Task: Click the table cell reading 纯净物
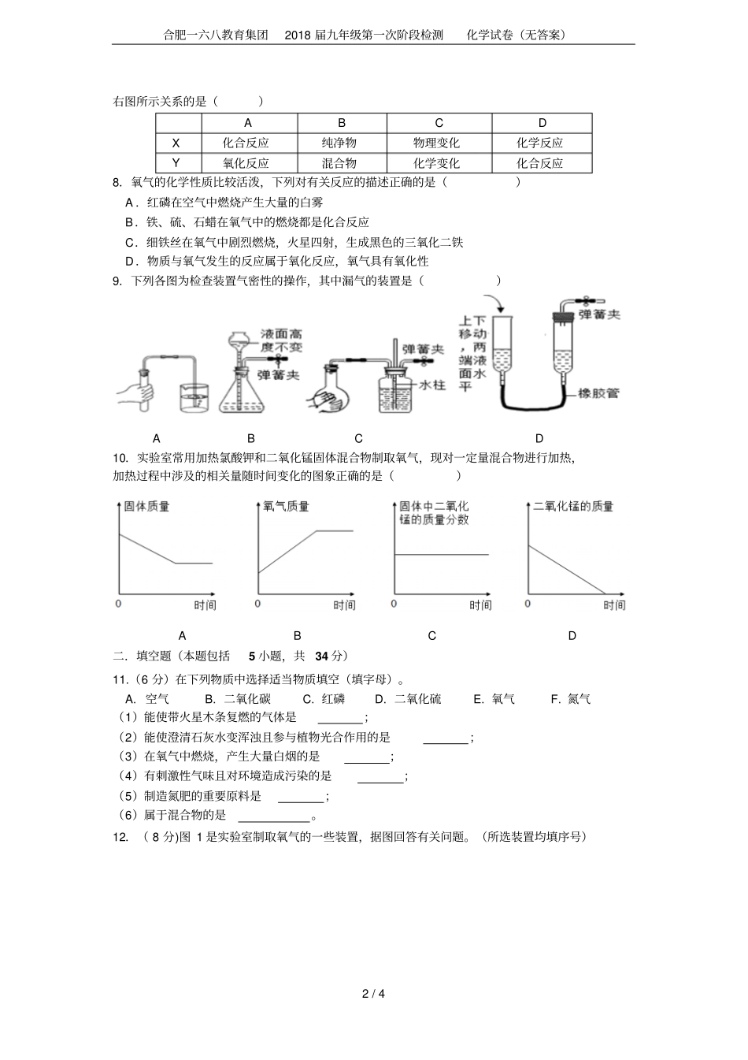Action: point(342,143)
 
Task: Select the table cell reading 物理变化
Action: point(439,143)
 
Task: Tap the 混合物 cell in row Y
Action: point(342,164)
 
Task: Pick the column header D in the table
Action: point(542,123)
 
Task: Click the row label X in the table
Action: point(176,143)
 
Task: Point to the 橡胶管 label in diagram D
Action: point(598,392)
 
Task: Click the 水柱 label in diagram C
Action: point(432,385)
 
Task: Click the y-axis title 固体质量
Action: point(147,506)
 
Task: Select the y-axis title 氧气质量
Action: point(286,506)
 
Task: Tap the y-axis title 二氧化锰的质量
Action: point(573,506)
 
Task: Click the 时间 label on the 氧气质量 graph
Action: point(343,605)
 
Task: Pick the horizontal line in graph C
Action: point(441,555)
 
